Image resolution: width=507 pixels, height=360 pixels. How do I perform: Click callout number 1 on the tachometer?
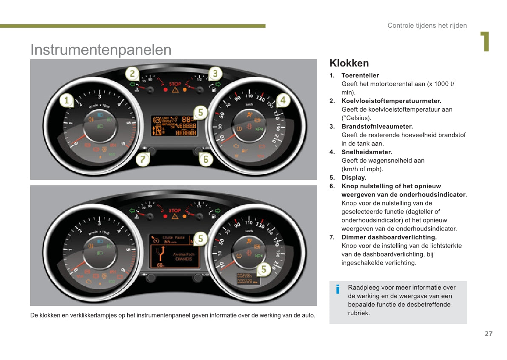pyautogui.click(x=66, y=101)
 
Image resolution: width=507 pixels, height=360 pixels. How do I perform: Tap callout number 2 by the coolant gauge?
pyautogui.click(x=132, y=73)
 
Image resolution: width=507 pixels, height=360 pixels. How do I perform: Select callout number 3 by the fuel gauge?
pyautogui.click(x=215, y=73)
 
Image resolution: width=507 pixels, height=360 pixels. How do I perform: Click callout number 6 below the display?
pyautogui.click(x=206, y=159)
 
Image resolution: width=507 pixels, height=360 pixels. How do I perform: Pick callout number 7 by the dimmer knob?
pyautogui.click(x=143, y=160)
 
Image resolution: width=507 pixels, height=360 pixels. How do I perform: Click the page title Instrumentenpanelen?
pyautogui.click(x=101, y=50)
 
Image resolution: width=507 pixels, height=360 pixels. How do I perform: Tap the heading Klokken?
pyautogui.click(x=349, y=63)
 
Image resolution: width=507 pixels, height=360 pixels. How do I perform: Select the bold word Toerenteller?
pyautogui.click(x=360, y=75)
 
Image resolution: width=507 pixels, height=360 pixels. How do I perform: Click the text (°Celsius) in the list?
pyautogui.click(x=356, y=118)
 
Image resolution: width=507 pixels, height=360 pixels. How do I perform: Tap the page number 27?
pyautogui.click(x=488, y=334)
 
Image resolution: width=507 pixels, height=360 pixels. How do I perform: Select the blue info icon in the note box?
pyautogui.click(x=338, y=290)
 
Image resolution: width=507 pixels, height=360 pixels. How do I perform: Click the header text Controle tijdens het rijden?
pyautogui.click(x=427, y=26)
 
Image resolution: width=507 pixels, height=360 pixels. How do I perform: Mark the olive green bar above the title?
pyautogui.click(x=132, y=26)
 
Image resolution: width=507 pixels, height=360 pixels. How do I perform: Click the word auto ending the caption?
pyautogui.click(x=309, y=316)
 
